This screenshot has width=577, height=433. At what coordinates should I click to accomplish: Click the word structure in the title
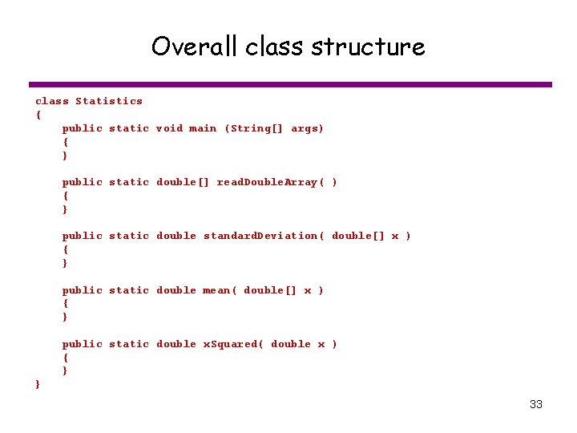click(x=368, y=47)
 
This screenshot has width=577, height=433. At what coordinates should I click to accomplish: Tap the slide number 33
click(x=536, y=404)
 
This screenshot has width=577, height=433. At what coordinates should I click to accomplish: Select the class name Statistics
click(x=109, y=101)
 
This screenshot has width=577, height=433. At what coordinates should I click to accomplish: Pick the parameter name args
click(x=307, y=128)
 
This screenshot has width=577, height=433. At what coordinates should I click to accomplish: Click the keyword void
click(x=169, y=128)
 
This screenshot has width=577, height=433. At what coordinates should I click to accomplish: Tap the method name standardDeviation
click(x=260, y=236)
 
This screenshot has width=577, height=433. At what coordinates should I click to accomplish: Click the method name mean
click(x=219, y=290)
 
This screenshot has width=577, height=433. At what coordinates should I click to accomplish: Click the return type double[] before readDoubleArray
click(x=183, y=182)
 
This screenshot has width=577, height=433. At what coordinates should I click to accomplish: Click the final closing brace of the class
click(x=38, y=385)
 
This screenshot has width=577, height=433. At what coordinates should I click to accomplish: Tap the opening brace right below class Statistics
click(x=38, y=115)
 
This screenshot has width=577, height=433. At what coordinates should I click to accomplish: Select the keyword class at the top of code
click(x=52, y=101)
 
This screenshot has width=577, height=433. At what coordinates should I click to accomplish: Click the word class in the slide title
click(x=274, y=47)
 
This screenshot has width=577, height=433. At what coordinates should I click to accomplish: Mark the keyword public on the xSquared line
click(x=83, y=344)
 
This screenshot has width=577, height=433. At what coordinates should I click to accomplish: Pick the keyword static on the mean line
click(x=129, y=290)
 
